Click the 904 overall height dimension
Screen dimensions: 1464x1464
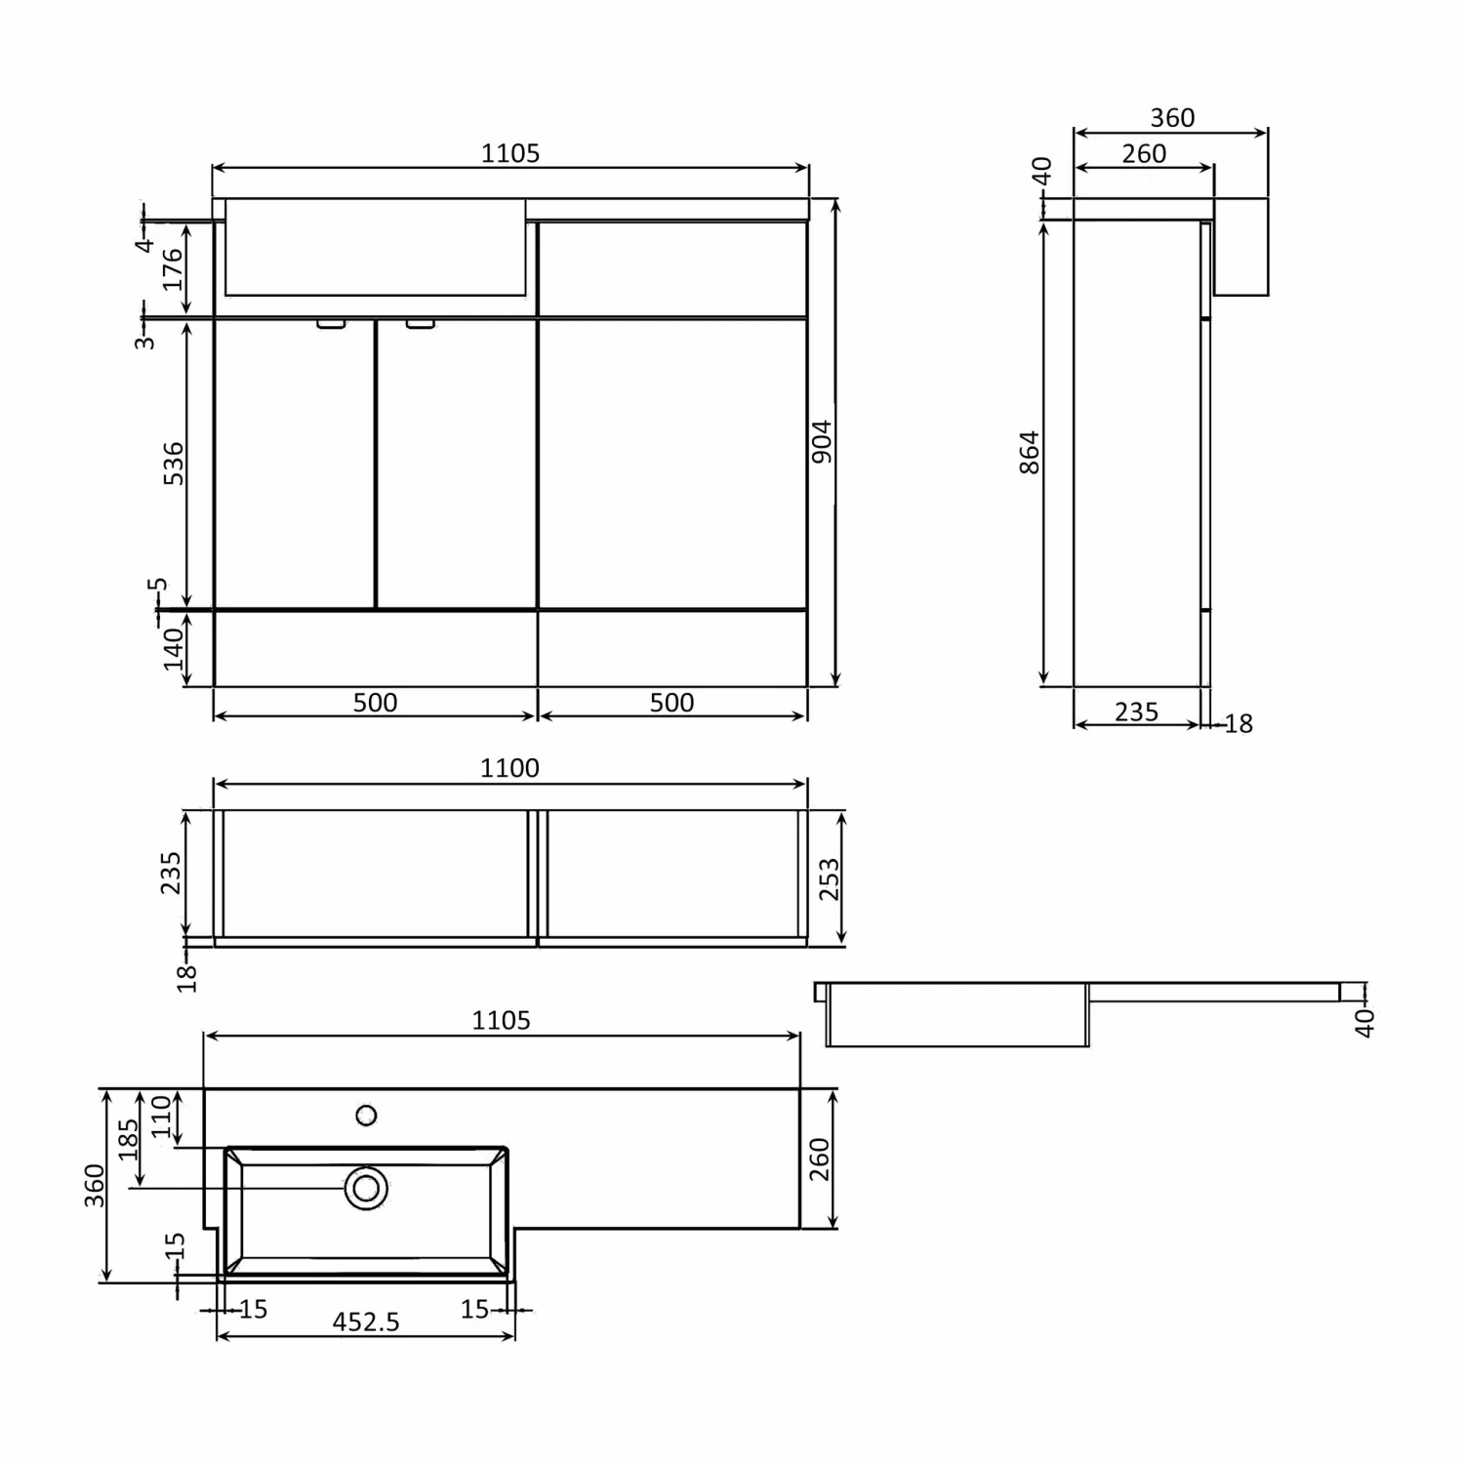(823, 441)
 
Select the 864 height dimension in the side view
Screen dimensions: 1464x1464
(1030, 452)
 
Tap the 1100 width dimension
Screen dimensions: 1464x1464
(509, 768)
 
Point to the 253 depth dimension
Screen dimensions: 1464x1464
(829, 878)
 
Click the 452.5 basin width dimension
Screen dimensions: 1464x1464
(366, 1322)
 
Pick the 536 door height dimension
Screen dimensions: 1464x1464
(173, 464)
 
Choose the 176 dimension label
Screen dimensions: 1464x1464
(173, 269)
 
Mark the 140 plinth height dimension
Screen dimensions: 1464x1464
(173, 649)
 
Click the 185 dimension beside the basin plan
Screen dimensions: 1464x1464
(129, 1139)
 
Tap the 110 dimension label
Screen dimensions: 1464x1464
(161, 1118)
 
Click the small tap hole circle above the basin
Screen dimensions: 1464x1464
(366, 1115)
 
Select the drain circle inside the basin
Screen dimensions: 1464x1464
(366, 1188)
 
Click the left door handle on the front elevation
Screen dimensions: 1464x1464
(331, 324)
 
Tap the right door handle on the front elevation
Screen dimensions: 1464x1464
(421, 324)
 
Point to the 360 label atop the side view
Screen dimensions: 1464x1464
(1172, 118)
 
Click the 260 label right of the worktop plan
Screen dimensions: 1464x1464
(819, 1159)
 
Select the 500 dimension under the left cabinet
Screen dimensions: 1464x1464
(375, 703)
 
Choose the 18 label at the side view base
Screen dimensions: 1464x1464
(1239, 724)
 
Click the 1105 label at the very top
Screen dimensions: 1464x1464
(510, 153)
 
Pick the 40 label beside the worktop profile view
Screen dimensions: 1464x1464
(1364, 1022)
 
